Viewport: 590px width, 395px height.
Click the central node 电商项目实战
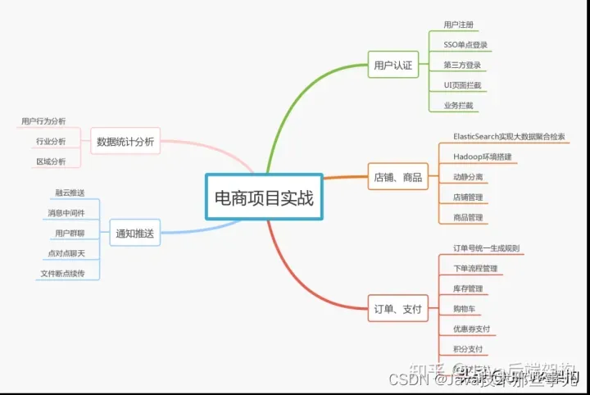(x=263, y=197)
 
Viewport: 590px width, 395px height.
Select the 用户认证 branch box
(x=393, y=64)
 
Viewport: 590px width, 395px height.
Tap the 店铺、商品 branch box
(x=397, y=176)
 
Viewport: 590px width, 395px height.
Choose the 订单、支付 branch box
(x=397, y=309)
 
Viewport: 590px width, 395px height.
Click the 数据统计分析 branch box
(x=125, y=140)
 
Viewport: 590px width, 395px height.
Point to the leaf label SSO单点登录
(x=466, y=44)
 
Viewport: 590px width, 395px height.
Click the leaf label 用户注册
(x=458, y=25)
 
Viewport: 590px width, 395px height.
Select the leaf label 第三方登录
(x=462, y=65)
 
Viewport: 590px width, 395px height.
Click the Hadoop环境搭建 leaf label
(x=482, y=156)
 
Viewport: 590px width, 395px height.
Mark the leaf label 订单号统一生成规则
(x=486, y=247)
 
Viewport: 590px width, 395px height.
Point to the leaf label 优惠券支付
(x=471, y=329)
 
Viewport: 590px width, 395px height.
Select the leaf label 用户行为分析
(x=43, y=121)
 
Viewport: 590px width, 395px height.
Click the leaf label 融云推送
(x=70, y=193)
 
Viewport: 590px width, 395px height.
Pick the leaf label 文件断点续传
(x=62, y=273)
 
